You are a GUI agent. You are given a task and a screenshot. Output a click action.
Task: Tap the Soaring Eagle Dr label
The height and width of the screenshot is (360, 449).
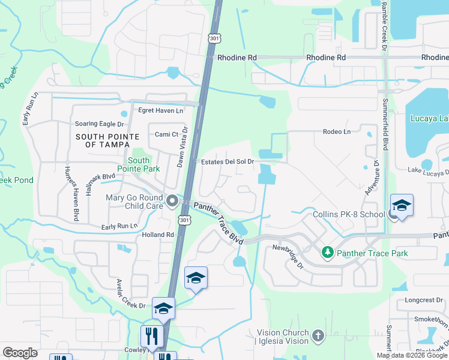point(99,124)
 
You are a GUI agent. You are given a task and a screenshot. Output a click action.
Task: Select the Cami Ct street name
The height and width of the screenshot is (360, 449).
point(167,134)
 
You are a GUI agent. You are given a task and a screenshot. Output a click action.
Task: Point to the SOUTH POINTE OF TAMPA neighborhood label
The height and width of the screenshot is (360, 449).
point(103,141)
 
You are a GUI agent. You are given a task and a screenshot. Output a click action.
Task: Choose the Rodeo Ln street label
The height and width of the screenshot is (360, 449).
point(336,131)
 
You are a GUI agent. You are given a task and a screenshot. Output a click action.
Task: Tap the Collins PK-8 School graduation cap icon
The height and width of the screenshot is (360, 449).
point(402,205)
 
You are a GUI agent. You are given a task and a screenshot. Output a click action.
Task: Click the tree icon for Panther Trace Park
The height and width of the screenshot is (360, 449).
point(327,253)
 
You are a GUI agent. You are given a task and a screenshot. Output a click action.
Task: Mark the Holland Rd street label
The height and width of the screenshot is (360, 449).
point(158,235)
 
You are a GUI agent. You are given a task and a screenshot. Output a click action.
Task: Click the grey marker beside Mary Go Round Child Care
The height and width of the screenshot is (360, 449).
point(173,202)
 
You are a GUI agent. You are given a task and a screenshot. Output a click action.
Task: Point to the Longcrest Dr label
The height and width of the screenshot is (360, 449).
point(423,299)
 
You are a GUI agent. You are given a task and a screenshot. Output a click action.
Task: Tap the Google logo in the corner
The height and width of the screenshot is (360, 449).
point(20,353)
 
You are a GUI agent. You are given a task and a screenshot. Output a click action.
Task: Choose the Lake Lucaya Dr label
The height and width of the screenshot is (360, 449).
point(429,170)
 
